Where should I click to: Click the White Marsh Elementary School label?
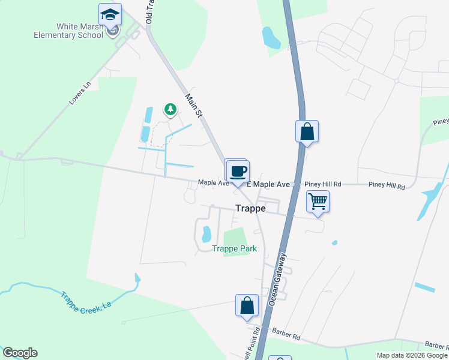click(80, 31)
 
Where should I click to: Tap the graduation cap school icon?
click(110, 14)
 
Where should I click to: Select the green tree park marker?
click(171, 109)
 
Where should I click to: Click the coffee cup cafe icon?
click(238, 170)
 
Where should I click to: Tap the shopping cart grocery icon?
click(318, 201)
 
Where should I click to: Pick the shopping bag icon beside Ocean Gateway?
click(307, 131)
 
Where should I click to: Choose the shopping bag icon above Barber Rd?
click(247, 305)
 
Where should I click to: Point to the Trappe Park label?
click(234, 248)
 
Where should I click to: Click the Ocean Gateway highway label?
click(278, 279)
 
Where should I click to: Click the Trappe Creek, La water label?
click(86, 299)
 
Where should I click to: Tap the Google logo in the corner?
click(20, 353)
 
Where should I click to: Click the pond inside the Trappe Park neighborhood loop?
click(206, 232)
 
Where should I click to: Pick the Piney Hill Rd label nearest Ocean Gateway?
click(322, 184)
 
